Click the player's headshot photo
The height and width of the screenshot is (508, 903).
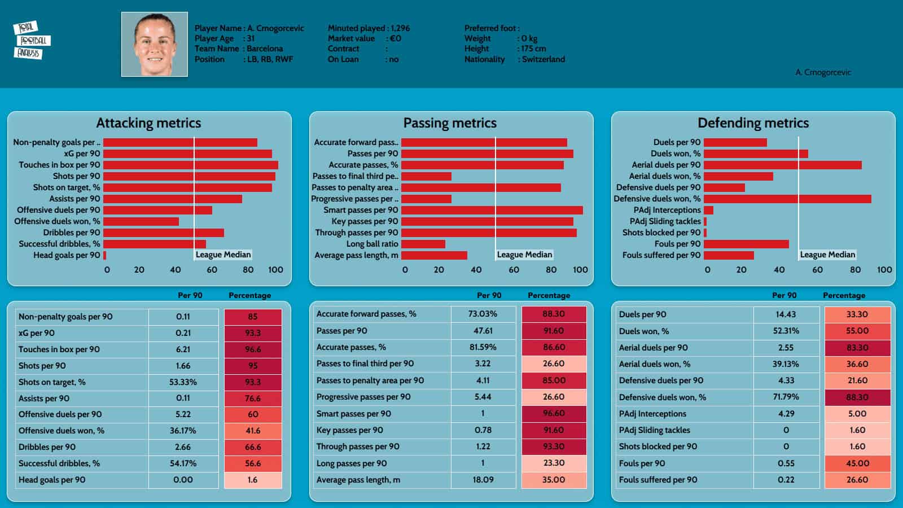point(155,45)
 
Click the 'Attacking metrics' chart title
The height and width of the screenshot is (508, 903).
point(148,123)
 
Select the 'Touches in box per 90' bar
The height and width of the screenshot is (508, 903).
point(191,165)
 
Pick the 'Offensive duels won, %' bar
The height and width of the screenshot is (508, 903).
point(141,221)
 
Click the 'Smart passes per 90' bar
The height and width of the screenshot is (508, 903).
point(492,210)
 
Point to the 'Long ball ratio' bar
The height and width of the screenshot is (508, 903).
point(423,244)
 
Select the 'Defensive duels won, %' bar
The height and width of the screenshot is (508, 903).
point(787,199)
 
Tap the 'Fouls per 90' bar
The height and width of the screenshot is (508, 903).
point(746,244)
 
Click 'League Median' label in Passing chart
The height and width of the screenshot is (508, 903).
point(524,255)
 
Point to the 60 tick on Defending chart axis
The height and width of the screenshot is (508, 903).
point(817,270)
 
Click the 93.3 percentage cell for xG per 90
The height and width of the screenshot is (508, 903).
point(253,333)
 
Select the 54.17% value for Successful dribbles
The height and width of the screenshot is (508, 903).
point(183,463)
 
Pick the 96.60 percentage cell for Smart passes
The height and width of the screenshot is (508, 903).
point(554,413)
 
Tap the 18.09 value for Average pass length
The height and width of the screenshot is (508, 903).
point(483,480)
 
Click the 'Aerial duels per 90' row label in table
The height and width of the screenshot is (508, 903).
point(653,348)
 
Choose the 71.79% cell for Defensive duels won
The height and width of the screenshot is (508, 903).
point(786,397)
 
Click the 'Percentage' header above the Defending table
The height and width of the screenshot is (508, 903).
point(844,295)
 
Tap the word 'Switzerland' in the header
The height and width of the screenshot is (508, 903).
point(543,59)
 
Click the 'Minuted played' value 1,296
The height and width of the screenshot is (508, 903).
point(400,28)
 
